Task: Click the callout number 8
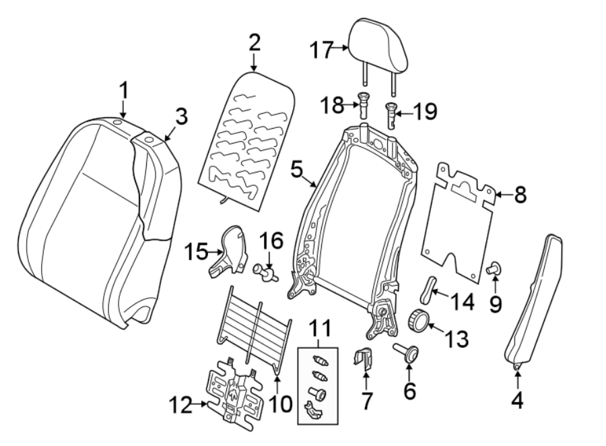pyautogui.click(x=517, y=196)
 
